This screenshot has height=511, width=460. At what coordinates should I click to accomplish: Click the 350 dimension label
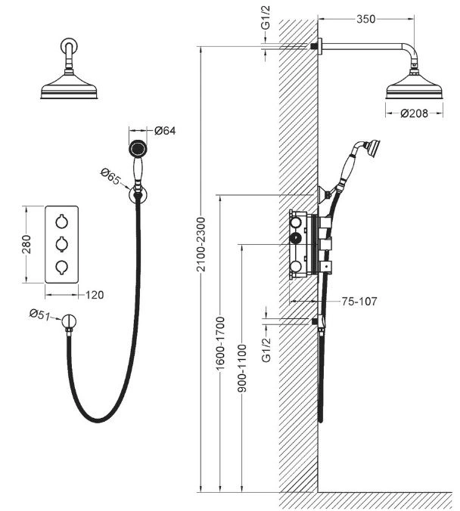click(x=365, y=19)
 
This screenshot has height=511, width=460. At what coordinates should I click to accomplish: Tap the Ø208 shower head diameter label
click(x=414, y=113)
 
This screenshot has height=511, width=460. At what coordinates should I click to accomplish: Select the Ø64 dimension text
click(x=165, y=130)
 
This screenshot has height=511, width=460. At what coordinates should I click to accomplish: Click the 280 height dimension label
click(x=26, y=244)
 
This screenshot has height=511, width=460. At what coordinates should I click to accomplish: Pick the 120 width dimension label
click(x=95, y=295)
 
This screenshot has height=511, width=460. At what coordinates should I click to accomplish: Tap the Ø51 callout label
click(x=40, y=314)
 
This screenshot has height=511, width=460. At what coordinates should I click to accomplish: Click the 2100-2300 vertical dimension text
click(x=201, y=244)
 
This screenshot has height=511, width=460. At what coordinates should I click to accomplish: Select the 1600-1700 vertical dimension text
click(x=220, y=343)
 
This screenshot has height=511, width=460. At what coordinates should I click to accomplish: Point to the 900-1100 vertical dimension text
click(x=242, y=368)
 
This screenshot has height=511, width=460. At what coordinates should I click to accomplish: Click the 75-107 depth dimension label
click(x=359, y=301)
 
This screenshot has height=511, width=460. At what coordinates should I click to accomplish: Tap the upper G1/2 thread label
click(x=266, y=17)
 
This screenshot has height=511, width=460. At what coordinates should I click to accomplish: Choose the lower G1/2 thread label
click(x=266, y=350)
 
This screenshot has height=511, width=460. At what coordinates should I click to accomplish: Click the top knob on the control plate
click(x=61, y=221)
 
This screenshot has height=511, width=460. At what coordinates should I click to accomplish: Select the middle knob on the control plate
click(x=61, y=244)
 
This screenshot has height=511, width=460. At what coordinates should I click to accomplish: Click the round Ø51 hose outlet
click(x=69, y=321)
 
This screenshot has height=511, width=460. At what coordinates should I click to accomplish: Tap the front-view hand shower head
click(x=138, y=149)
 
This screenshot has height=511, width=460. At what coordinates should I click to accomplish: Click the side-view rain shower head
click(x=414, y=85)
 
